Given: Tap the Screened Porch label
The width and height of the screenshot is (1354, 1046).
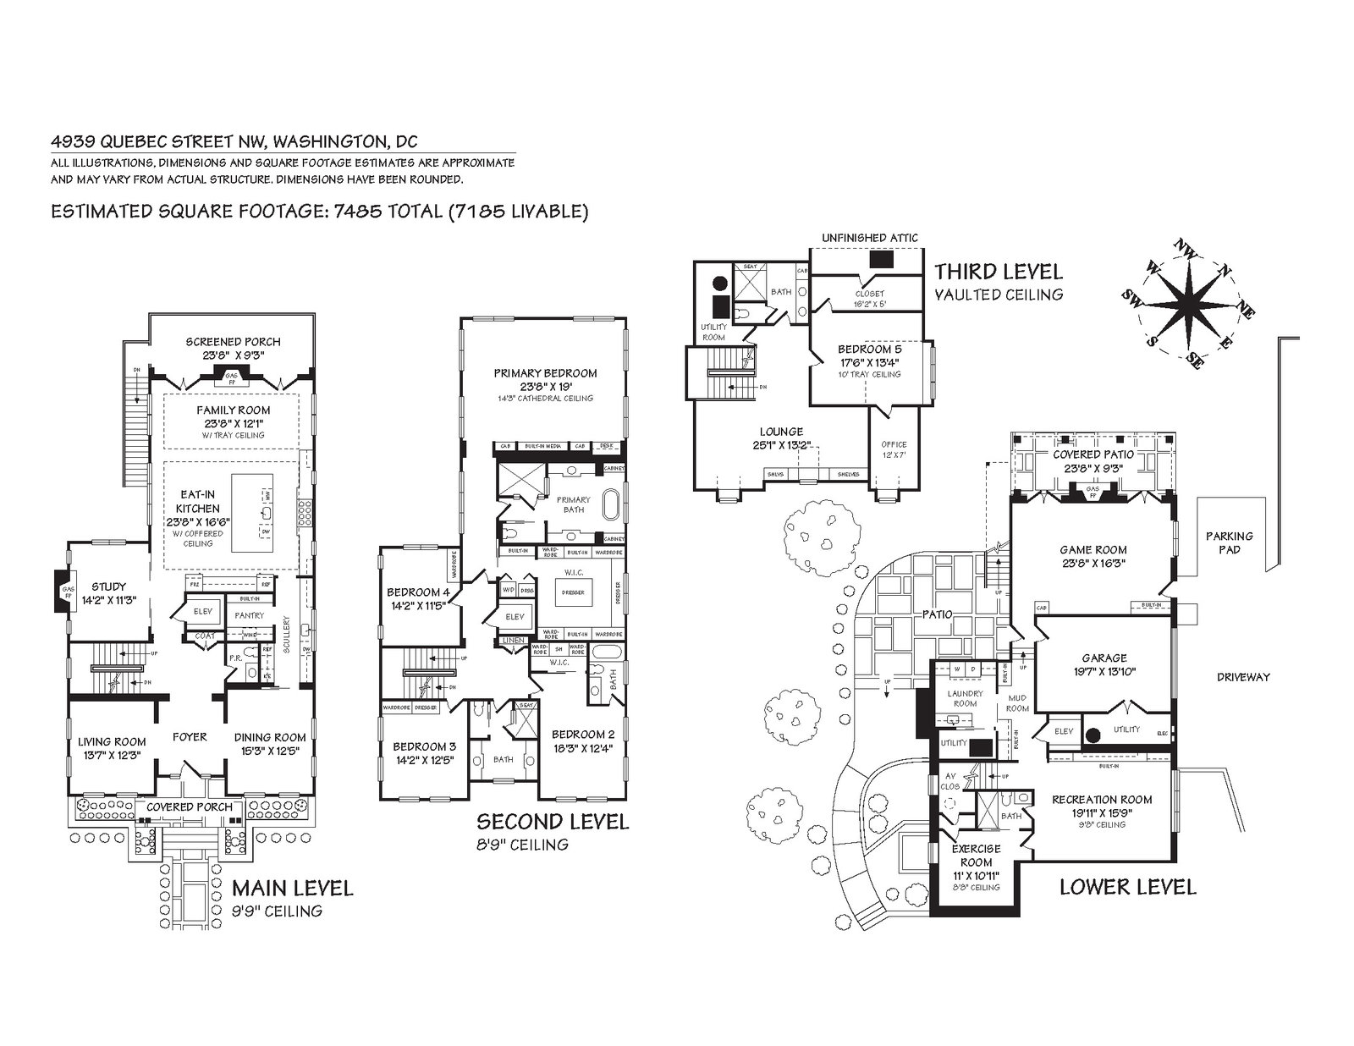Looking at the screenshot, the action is (x=233, y=342).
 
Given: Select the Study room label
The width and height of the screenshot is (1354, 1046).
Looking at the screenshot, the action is (x=108, y=586).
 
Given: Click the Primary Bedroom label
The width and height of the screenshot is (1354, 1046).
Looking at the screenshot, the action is (x=546, y=372).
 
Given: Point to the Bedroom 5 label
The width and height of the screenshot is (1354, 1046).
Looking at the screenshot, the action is (x=870, y=349).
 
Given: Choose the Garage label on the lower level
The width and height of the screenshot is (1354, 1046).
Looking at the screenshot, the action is (x=1104, y=658).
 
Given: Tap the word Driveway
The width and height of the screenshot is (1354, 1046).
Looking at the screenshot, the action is (x=1243, y=677).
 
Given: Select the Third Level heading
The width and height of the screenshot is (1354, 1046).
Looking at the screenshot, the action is (x=998, y=272).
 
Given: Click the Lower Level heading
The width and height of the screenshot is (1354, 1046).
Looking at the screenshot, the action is (x=1127, y=887).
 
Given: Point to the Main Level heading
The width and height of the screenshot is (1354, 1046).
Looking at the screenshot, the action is (x=292, y=888).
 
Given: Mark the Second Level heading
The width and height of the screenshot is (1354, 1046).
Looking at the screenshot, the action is (x=553, y=821).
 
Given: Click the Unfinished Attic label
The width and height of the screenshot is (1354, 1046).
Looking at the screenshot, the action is (x=869, y=238).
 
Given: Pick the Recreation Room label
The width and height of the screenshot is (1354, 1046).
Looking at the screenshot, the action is (x=1102, y=800).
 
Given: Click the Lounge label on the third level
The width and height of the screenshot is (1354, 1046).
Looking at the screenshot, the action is (x=781, y=432).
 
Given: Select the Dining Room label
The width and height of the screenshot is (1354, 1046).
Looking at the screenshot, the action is (x=270, y=737).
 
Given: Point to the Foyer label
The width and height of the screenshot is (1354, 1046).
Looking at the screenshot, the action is (x=190, y=737).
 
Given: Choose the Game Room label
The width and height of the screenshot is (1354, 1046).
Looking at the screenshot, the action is (x=1093, y=549).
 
